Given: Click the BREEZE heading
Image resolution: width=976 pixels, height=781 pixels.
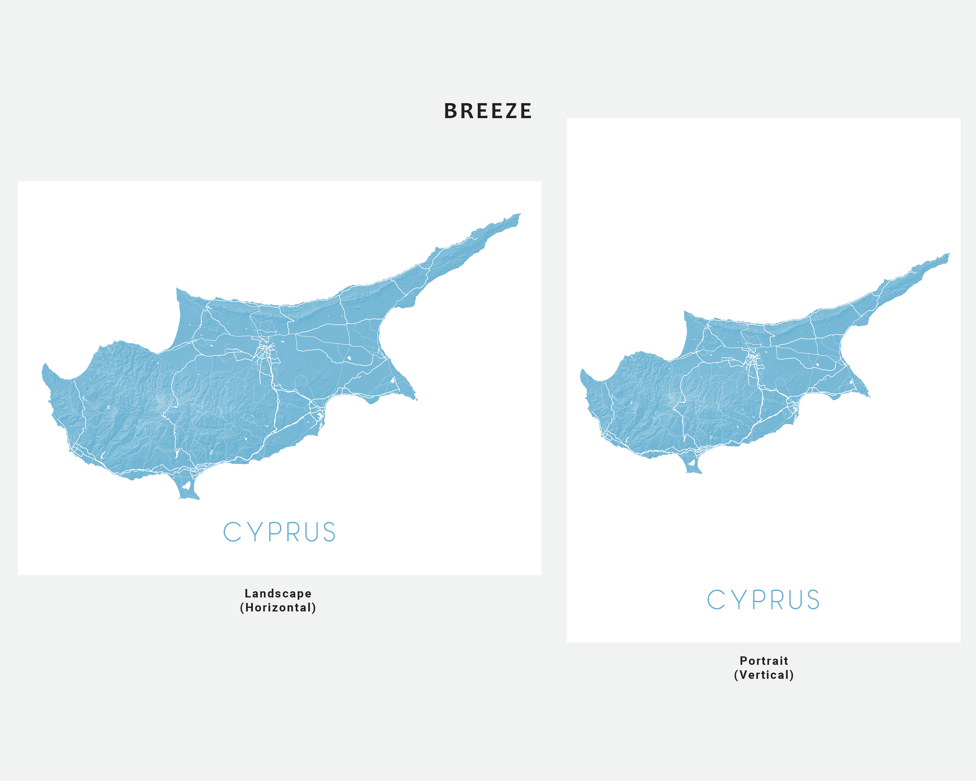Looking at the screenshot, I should click(488, 111).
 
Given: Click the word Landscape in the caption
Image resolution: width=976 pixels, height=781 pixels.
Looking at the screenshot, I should click(278, 593).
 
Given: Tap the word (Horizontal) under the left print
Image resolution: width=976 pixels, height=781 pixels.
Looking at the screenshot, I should click(278, 607).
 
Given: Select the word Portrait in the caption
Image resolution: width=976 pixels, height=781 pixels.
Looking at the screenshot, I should click(764, 661).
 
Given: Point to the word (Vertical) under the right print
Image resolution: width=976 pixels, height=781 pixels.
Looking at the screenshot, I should click(764, 675).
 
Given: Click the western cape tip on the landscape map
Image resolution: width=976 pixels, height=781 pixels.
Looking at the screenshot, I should click(45, 367).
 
